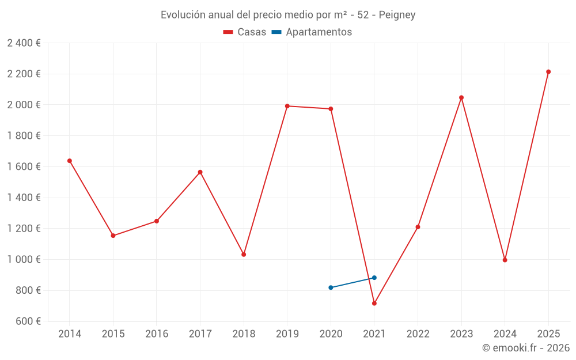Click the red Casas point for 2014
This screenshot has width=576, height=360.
(70, 161)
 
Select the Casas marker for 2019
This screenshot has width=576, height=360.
(287, 106)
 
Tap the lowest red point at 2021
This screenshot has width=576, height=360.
(374, 304)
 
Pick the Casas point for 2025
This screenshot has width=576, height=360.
(548, 72)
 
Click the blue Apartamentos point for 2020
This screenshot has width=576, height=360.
(331, 287)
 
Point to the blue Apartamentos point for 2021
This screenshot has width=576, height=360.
(374, 278)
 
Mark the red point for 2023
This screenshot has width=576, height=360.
(461, 97)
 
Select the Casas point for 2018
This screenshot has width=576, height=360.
(244, 254)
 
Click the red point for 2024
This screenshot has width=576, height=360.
(505, 260)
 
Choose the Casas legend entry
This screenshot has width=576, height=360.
(245, 32)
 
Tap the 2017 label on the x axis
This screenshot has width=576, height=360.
(200, 334)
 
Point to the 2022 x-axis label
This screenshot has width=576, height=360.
(418, 334)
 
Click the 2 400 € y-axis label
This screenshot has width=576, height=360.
(24, 43)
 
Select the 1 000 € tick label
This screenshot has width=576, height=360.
(24, 259)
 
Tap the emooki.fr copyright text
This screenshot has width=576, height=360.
(526, 348)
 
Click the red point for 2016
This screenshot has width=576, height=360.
(157, 221)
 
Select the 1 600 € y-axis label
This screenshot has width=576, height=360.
(24, 166)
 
